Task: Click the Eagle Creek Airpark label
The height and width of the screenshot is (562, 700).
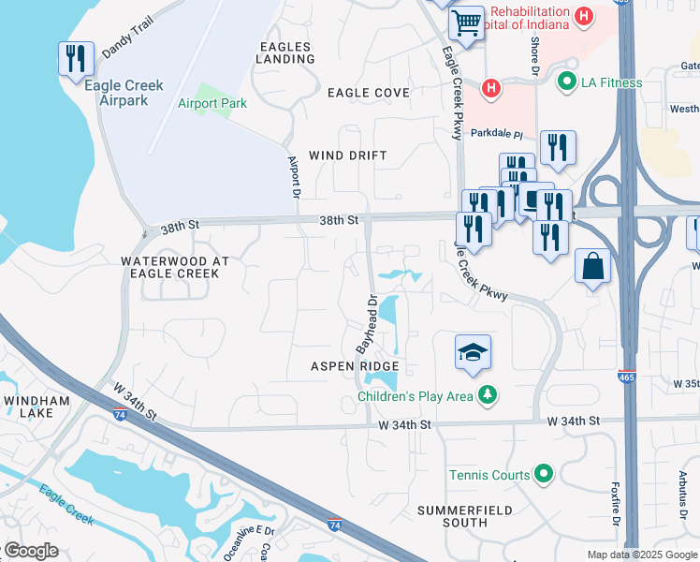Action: (124, 93)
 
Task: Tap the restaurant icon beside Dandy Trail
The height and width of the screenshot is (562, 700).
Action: (74, 59)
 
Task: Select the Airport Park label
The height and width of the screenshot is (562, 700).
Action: (212, 103)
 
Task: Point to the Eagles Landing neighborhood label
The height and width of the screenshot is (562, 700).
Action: (286, 52)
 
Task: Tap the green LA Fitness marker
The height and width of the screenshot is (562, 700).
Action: (565, 82)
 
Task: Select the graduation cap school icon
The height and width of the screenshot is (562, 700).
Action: (473, 353)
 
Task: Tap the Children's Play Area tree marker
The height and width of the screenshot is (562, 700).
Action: (485, 396)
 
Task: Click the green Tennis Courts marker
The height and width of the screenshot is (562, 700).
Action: (544, 475)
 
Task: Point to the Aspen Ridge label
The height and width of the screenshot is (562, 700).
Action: (355, 366)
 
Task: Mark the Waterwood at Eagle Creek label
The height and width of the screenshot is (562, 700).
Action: (169, 267)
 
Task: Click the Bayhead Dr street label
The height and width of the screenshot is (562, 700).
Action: (366, 324)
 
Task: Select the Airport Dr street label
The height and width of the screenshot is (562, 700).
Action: (292, 175)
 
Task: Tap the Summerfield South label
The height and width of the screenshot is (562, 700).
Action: (464, 516)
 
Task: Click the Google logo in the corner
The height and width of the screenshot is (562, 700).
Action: (30, 551)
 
